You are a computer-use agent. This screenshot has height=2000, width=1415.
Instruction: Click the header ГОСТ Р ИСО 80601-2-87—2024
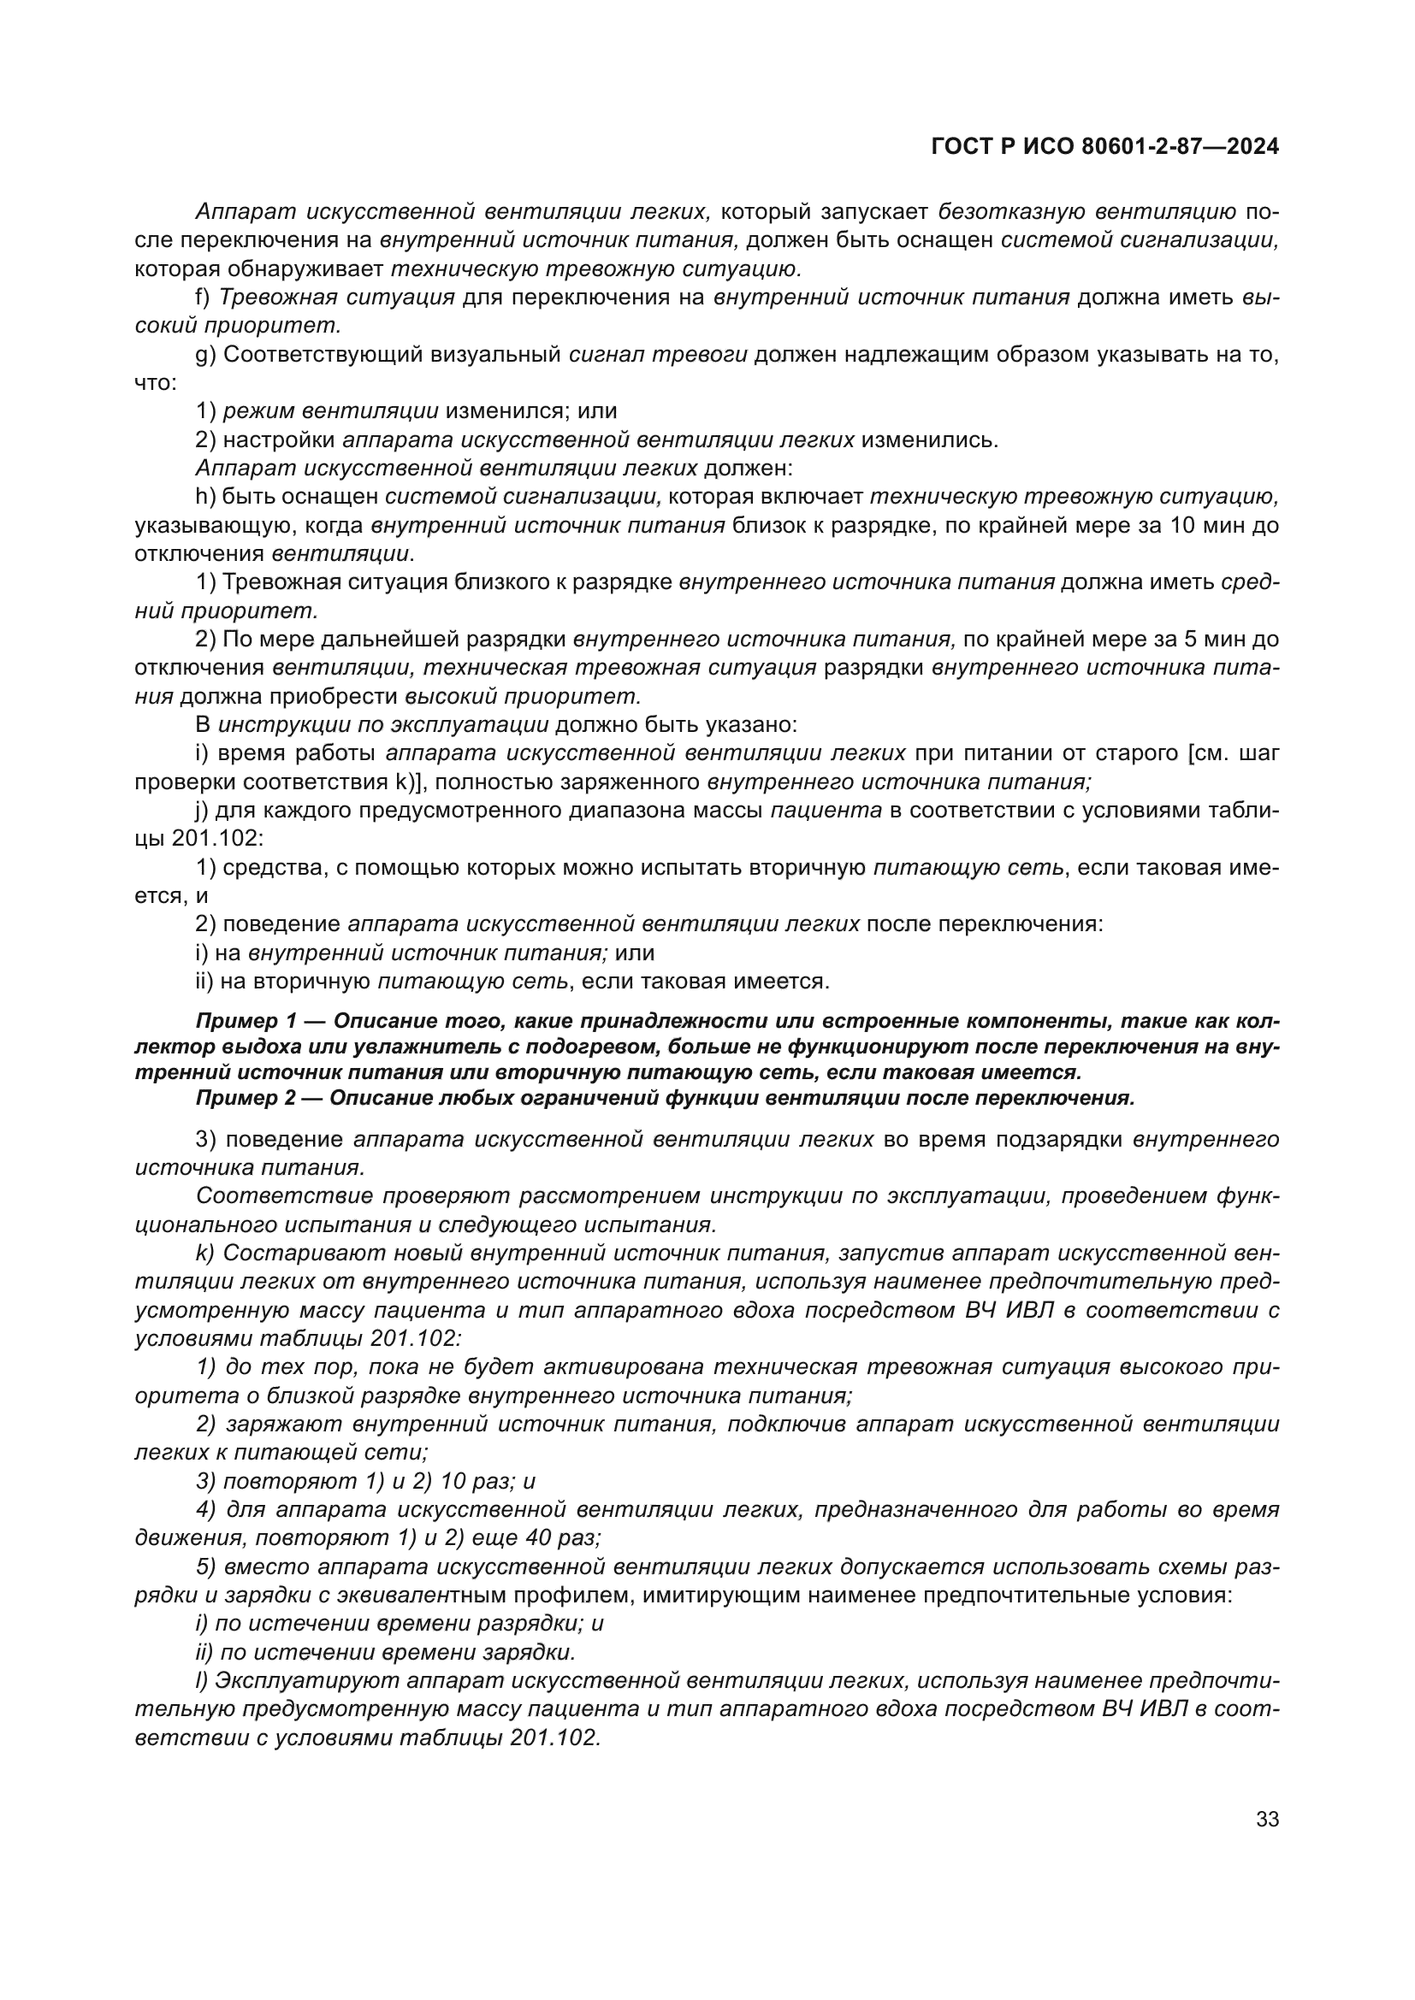[x=1104, y=147]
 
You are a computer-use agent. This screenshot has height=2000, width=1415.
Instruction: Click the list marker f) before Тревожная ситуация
[x=202, y=297]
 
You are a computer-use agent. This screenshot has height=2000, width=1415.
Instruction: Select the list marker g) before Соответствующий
[x=204, y=355]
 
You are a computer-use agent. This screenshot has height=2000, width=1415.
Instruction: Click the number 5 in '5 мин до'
[x=1190, y=640]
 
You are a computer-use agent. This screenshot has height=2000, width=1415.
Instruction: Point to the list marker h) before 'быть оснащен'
[x=204, y=497]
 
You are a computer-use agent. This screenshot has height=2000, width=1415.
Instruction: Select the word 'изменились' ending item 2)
[x=928, y=440]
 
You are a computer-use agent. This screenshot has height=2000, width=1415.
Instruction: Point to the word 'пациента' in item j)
[x=826, y=811]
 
